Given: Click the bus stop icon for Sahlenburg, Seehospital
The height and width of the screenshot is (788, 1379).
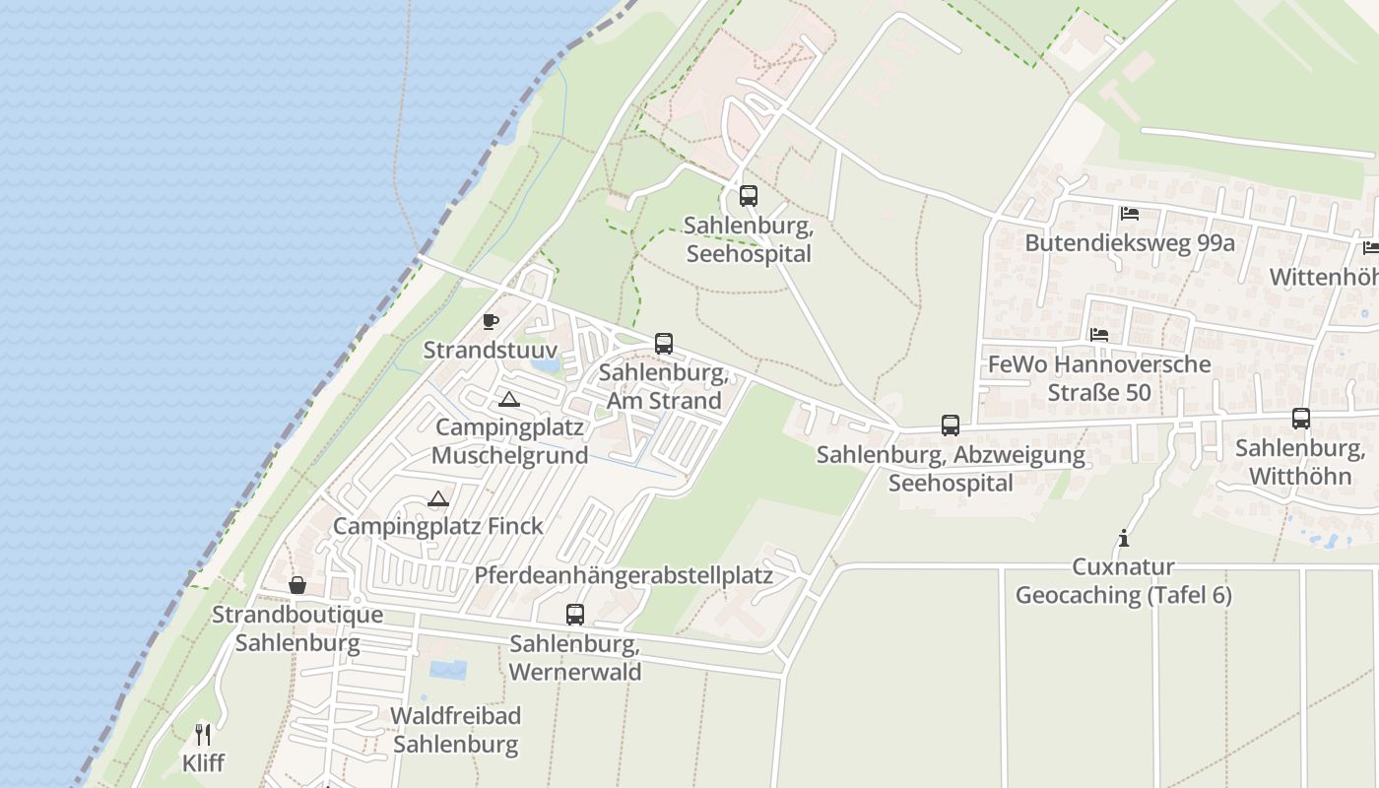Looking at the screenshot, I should [x=749, y=195].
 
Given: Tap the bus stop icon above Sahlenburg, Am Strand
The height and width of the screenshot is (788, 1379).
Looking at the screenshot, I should [x=664, y=343].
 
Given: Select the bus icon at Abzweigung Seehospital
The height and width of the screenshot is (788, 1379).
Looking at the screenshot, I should [x=951, y=425].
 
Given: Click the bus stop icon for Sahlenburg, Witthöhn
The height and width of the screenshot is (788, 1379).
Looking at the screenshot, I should [x=1301, y=418].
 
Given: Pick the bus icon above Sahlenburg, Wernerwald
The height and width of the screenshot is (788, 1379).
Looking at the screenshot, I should [x=575, y=614].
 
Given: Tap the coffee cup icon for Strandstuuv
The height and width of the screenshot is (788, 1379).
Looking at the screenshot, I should [x=491, y=321].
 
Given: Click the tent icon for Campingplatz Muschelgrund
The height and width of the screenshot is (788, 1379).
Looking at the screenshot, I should [x=508, y=399].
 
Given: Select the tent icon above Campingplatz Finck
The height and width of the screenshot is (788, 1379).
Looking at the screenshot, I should [x=438, y=498].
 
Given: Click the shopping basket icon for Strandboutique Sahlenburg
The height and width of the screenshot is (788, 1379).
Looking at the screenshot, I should [x=297, y=585].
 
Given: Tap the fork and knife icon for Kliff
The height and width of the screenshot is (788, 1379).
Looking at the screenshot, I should [x=203, y=734].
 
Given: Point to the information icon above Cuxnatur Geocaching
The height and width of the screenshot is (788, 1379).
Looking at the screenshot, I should [x=1123, y=538].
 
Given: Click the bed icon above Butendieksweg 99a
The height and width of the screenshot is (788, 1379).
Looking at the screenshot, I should [x=1130, y=213].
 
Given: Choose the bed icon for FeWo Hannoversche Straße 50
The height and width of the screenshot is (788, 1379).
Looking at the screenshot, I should [x=1099, y=335].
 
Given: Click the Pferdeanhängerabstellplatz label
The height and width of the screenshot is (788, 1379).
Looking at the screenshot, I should [x=624, y=575].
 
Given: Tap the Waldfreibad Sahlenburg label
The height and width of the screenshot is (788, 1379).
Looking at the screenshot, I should [x=456, y=729].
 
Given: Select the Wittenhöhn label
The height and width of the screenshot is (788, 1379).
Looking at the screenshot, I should [x=1323, y=277].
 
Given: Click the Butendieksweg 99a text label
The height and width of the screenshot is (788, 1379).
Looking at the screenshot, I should [x=1130, y=242].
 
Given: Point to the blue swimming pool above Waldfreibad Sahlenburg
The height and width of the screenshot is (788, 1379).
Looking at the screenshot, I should [x=448, y=670].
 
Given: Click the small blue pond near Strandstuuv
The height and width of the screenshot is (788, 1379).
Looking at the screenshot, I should [x=545, y=363].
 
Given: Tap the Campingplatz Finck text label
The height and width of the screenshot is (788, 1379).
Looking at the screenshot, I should [x=438, y=526].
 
